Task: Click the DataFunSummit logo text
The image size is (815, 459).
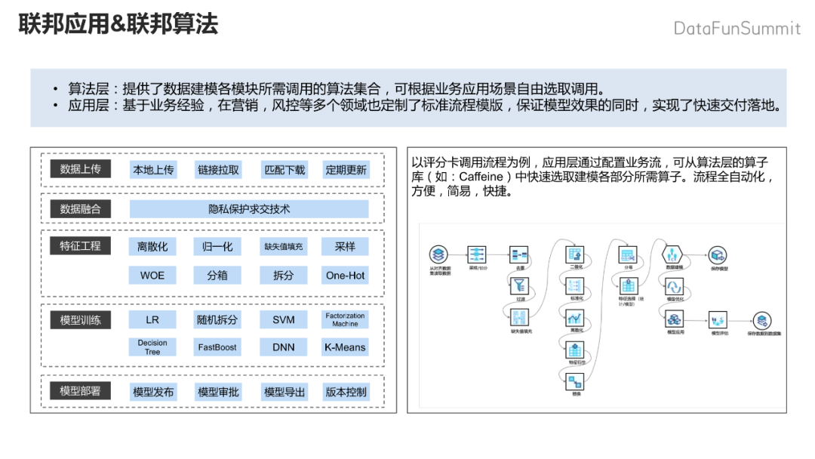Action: click(x=737, y=29)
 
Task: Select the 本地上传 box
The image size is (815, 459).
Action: click(x=153, y=170)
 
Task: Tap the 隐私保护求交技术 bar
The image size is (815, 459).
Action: click(x=249, y=209)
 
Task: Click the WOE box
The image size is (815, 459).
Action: click(x=153, y=276)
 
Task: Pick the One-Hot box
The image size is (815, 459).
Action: click(x=346, y=276)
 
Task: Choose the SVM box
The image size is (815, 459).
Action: click(x=283, y=320)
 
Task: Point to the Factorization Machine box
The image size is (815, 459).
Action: click(x=346, y=320)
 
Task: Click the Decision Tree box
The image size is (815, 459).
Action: click(x=153, y=347)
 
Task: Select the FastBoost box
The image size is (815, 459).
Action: click(x=217, y=347)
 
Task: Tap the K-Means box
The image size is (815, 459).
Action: click(x=346, y=347)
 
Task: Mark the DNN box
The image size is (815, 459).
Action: click(x=283, y=347)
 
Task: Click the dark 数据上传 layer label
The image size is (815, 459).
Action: click(x=80, y=169)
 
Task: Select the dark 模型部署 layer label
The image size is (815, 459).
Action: click(x=80, y=391)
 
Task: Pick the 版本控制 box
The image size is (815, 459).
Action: click(x=346, y=392)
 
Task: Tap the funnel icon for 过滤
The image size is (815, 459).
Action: click(x=521, y=285)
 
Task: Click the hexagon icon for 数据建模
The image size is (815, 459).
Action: click(x=672, y=254)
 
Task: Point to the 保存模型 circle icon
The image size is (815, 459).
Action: click(x=718, y=255)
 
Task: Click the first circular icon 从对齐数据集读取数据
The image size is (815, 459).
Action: click(x=438, y=254)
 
